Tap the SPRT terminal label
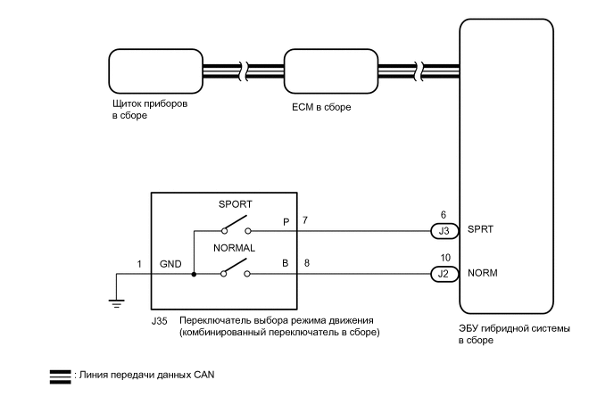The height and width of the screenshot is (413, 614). pos(481,230)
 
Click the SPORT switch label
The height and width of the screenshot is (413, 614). pos(235,204)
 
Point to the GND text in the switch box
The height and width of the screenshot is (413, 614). pos(170,265)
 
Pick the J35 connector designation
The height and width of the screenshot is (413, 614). pos(161,319)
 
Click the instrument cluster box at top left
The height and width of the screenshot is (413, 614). pos(148,70)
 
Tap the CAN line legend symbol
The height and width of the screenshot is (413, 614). pos(60,375)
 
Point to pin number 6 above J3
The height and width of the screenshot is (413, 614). pos(443,214)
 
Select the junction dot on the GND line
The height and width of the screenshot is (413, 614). pos(194,274)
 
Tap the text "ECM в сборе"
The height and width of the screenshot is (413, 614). pos(321,107)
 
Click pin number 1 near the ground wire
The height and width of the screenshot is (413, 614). pos(139,264)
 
